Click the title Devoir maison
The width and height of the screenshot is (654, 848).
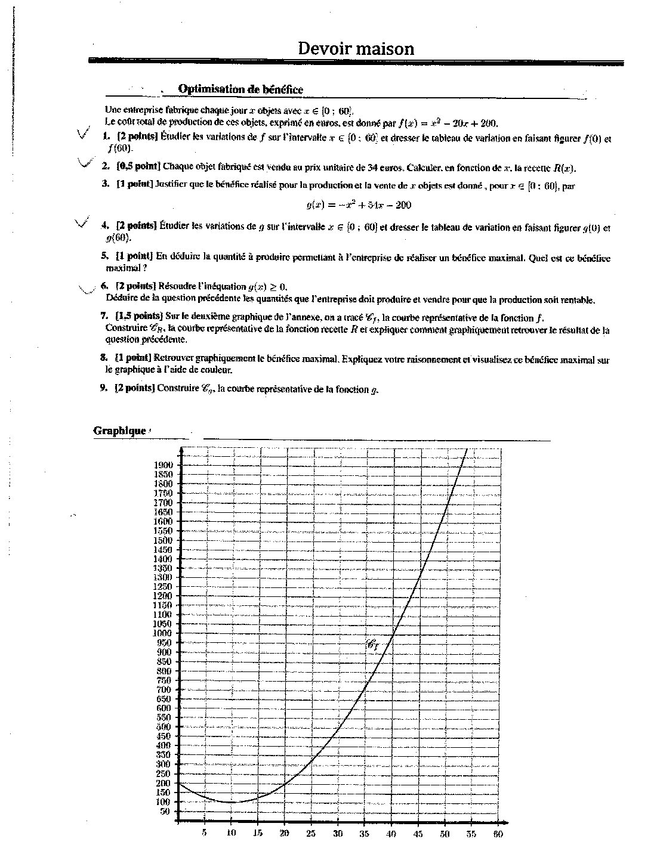click(356, 48)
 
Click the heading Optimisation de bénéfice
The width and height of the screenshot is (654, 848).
click(240, 89)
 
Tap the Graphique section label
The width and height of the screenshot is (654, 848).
click(120, 431)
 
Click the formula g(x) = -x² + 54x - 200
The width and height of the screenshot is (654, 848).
click(359, 205)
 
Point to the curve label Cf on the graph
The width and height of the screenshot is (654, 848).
click(374, 644)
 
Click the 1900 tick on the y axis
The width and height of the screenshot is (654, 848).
click(163, 465)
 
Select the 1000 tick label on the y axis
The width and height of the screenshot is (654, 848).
click(163, 633)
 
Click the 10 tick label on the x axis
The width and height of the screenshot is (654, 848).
click(232, 834)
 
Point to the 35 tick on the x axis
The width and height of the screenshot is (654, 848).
click(365, 834)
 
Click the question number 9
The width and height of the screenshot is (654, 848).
click(104, 388)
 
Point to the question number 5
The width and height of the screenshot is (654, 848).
click(104, 256)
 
